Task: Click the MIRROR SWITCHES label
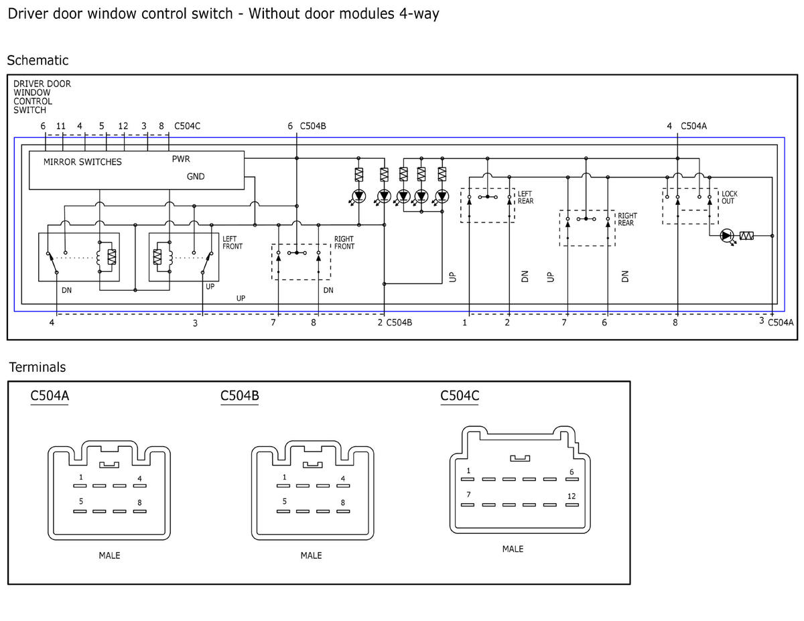82,161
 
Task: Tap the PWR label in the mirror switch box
181,159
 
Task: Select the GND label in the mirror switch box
196,176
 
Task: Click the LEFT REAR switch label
525,197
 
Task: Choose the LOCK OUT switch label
729,197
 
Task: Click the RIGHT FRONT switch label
344,243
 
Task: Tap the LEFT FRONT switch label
232,243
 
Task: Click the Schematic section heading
38,60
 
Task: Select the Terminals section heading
38,367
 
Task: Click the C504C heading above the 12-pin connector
460,395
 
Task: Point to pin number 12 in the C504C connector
572,496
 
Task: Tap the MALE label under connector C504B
311,555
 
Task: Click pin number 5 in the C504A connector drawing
81,501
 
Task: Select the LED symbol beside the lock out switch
727,236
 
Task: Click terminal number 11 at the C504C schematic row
61,126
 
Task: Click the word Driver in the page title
27,13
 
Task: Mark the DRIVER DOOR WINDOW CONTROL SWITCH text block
42,97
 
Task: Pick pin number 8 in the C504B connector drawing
343,502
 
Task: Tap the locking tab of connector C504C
520,459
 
